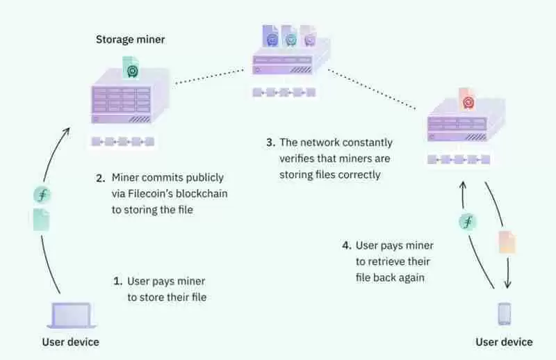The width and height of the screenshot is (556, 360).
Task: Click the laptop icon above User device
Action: click(x=71, y=316)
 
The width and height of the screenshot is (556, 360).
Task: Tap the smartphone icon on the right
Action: click(x=505, y=314)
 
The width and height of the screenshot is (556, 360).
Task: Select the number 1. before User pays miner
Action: click(x=117, y=281)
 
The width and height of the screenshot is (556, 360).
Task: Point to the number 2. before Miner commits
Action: click(x=100, y=177)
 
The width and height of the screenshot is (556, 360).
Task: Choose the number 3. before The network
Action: click(x=270, y=142)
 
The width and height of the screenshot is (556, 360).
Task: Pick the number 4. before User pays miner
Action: click(x=346, y=245)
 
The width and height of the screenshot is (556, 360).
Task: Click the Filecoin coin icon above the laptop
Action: click(x=42, y=195)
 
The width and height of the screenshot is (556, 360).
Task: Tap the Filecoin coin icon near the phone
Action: click(x=467, y=222)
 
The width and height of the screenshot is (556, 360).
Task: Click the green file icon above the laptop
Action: click(x=42, y=220)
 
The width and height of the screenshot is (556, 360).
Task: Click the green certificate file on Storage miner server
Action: click(x=131, y=67)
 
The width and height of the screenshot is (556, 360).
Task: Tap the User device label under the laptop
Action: click(x=70, y=342)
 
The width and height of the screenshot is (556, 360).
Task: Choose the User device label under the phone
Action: click(x=504, y=342)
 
